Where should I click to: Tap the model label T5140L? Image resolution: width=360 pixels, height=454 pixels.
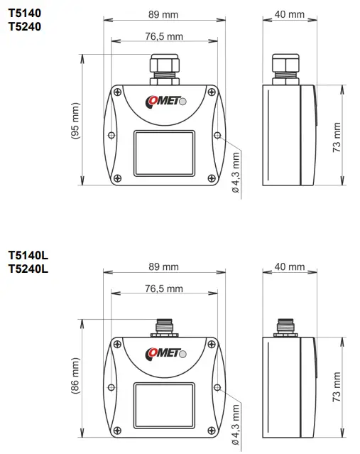point(28,255)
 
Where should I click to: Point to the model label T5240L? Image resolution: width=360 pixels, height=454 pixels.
point(28,269)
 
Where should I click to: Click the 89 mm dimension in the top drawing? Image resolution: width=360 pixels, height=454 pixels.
point(163,15)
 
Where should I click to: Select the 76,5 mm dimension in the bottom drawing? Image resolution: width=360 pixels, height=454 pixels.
point(163,288)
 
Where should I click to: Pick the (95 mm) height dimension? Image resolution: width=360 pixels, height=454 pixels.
point(75,125)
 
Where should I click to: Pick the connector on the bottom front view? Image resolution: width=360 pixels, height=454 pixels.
point(163,328)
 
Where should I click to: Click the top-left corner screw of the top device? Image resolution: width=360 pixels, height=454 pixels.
point(117,91)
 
